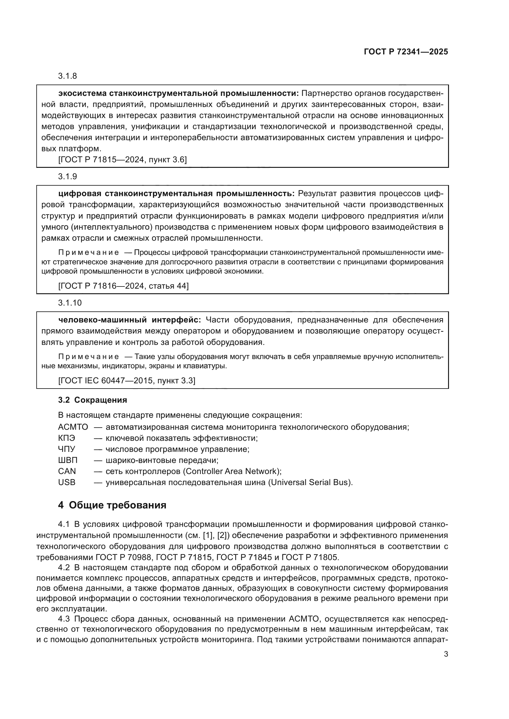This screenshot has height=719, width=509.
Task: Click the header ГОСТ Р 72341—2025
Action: [x=406, y=52]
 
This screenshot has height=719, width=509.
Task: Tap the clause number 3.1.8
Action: [x=67, y=76]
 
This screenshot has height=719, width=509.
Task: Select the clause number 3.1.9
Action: [x=67, y=177]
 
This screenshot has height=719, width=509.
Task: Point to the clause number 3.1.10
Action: [x=70, y=303]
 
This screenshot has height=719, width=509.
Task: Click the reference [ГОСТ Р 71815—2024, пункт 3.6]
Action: [x=122, y=160]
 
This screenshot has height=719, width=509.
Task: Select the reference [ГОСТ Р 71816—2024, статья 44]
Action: [x=123, y=286]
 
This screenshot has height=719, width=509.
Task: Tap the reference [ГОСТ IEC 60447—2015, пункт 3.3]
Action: [x=126, y=381]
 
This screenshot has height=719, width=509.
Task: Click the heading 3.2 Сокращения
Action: [x=92, y=400]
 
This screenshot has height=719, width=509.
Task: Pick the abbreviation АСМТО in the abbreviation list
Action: [x=73, y=427]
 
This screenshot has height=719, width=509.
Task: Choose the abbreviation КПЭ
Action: [x=66, y=438]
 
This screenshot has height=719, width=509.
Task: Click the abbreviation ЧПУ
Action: [x=66, y=449]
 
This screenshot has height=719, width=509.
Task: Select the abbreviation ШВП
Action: [x=67, y=460]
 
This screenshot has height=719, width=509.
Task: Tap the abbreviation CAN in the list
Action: [x=67, y=471]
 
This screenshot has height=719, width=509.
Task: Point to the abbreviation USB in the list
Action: [x=66, y=482]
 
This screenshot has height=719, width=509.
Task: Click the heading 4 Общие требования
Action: [x=112, y=505]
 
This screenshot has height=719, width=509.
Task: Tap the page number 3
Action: [x=446, y=654]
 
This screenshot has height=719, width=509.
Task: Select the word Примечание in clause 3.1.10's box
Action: [x=88, y=357]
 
